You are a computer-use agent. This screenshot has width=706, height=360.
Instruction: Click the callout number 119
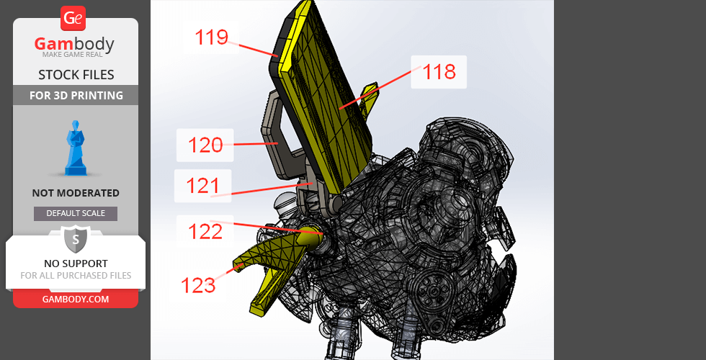[212, 37]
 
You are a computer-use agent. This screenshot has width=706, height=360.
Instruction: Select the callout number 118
[439, 72]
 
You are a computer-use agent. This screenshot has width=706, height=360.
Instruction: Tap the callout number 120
[205, 145]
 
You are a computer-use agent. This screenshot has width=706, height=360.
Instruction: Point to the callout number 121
[202, 186]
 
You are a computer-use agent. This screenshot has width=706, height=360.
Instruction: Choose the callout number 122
[205, 232]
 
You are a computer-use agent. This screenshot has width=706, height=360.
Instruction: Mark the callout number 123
[198, 285]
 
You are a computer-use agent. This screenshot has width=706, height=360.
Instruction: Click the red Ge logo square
[73, 19]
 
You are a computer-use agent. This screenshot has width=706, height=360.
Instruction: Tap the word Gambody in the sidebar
[74, 45]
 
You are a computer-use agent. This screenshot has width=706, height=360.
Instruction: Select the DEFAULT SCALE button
[76, 214]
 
